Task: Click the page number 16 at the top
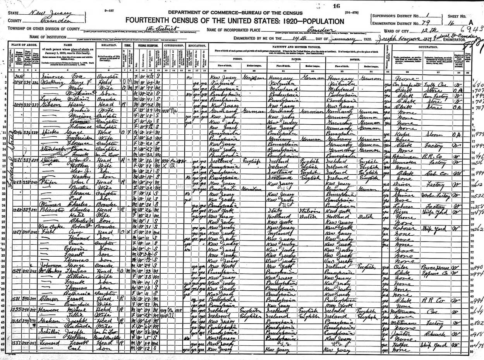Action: point(336,6)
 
